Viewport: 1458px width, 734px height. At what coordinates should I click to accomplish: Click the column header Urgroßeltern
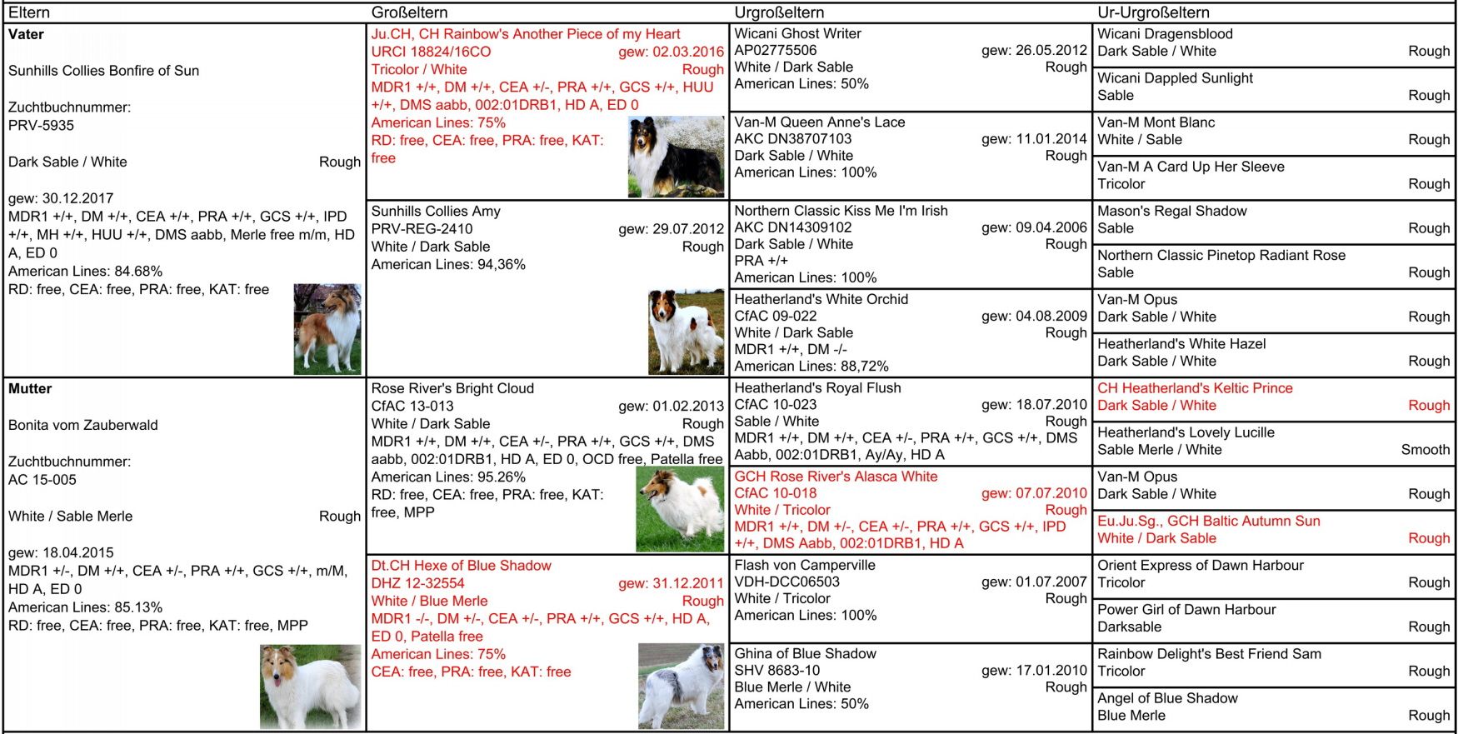click(x=779, y=12)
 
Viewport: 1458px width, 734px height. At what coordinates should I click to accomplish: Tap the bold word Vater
click(x=26, y=34)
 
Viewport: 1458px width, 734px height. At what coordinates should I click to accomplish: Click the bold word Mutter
click(x=30, y=388)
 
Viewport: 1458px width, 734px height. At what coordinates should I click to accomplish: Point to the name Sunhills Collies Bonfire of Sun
click(x=104, y=71)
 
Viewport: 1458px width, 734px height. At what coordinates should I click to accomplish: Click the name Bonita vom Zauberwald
click(x=83, y=425)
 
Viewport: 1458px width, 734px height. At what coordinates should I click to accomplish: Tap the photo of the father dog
click(x=327, y=328)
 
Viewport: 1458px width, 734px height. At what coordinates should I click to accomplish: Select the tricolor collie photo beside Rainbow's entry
click(x=676, y=157)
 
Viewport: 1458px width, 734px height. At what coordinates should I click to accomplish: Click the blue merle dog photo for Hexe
click(x=681, y=686)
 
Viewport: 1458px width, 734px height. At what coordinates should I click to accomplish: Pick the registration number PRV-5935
click(x=41, y=126)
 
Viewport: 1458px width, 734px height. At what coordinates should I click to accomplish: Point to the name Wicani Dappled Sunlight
click(x=1175, y=78)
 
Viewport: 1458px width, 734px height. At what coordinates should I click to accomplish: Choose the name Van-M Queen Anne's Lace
click(x=819, y=122)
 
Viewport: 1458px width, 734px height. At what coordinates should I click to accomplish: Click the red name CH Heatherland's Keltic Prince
click(x=1195, y=388)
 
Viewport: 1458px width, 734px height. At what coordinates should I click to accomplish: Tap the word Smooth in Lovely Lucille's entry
click(x=1425, y=450)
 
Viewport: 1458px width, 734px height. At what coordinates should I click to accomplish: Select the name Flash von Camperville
click(x=804, y=565)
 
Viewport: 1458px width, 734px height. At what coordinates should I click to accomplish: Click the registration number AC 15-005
click(x=42, y=480)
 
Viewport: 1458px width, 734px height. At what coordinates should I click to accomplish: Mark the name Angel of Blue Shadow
click(x=1167, y=698)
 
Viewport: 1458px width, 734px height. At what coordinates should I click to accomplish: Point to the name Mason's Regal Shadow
click(x=1171, y=211)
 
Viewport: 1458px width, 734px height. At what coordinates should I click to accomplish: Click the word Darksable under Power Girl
click(x=1129, y=627)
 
